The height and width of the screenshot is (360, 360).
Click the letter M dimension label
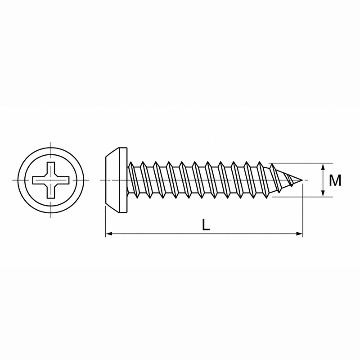tap(335, 180)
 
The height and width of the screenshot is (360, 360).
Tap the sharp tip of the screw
tap(302, 180)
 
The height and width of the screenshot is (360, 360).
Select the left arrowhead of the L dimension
tap(109, 234)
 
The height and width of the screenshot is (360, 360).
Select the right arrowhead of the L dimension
tap(300, 234)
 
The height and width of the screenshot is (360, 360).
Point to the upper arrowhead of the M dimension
tap(323, 166)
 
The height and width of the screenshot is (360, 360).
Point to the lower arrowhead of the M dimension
tap(323, 193)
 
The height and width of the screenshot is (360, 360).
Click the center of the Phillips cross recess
tap(51, 180)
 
